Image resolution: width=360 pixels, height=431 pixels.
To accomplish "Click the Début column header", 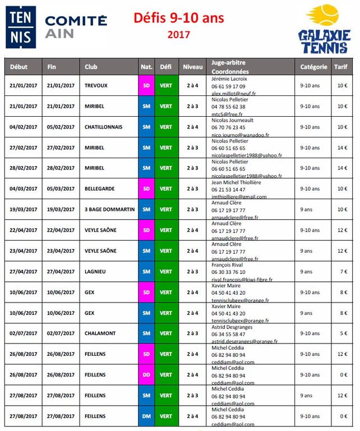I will [x=19, y=67].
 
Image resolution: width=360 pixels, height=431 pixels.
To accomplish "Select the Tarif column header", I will [x=341, y=67].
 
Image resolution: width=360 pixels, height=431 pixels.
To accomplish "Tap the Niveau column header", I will [x=192, y=67].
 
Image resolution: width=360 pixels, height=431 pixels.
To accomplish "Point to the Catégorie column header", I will [x=313, y=67].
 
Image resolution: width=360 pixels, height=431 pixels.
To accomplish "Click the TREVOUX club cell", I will [x=96, y=85].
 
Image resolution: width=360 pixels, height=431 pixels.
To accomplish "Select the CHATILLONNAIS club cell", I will [x=103, y=127].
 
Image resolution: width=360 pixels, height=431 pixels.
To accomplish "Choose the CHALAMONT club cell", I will [x=100, y=333].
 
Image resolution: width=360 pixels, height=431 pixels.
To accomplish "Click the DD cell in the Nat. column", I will [x=146, y=375].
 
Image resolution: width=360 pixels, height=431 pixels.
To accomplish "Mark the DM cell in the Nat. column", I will [x=146, y=416].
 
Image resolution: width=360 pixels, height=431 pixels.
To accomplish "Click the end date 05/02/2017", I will [x=61, y=127].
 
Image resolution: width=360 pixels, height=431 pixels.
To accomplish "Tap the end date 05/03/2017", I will [x=61, y=189].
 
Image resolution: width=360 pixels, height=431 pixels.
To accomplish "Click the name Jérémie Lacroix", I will [x=229, y=79].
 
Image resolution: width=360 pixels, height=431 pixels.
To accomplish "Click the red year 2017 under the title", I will [x=178, y=35].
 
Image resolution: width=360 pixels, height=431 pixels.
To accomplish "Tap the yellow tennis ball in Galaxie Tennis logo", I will [x=329, y=15].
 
